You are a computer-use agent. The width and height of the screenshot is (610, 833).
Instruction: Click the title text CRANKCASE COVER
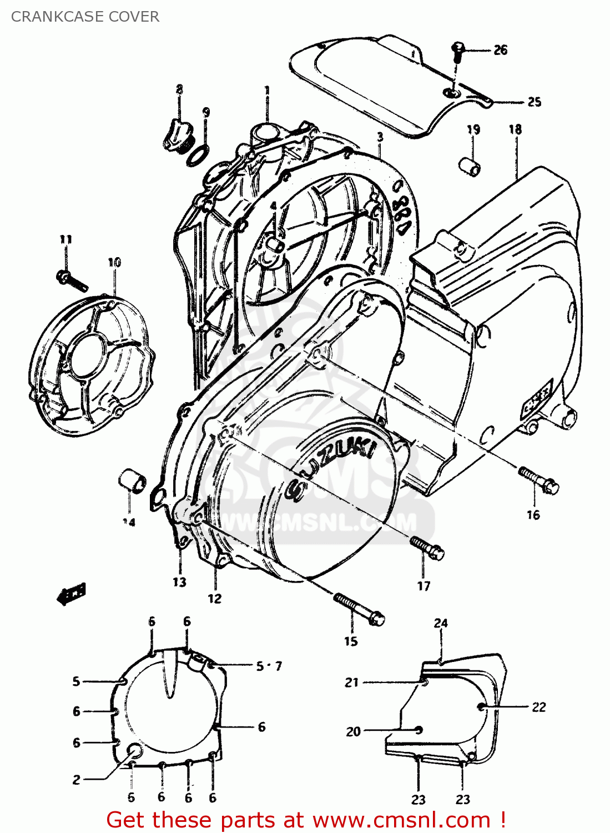coord(85,17)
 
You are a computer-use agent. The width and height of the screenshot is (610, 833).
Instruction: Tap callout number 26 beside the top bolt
coord(500,50)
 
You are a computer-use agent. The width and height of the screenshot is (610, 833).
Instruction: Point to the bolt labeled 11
coord(72,280)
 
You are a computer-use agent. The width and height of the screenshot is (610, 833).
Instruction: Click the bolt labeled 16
coord(538,480)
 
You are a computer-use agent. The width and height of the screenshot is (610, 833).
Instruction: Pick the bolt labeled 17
coord(427,548)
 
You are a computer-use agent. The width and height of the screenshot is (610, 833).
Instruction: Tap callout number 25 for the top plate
coord(534,102)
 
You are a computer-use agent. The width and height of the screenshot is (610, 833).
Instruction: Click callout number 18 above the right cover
coord(515,129)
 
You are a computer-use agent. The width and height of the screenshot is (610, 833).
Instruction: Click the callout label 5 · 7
coord(269,665)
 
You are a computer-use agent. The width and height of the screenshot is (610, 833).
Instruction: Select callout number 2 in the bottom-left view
coord(77,780)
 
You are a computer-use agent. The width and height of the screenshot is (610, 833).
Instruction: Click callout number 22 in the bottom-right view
coord(538,707)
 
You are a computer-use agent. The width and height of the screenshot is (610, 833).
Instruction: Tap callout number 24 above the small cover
coord(441,623)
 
